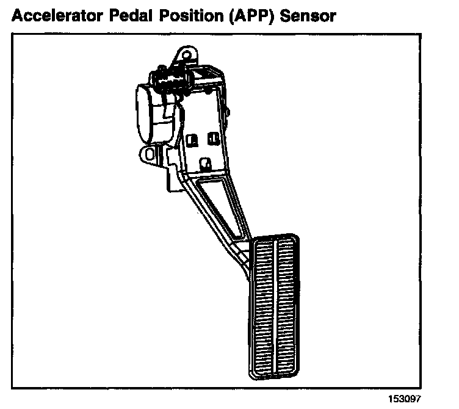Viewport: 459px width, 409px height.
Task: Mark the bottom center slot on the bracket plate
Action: [206, 163]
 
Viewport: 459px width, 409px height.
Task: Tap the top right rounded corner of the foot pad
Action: [296, 238]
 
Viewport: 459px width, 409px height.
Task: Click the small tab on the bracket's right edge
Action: [229, 112]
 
